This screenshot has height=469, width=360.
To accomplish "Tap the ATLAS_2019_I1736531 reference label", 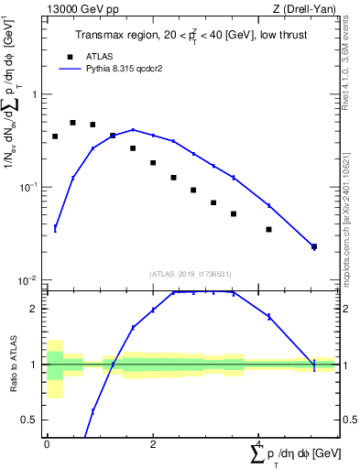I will click(x=190, y=274).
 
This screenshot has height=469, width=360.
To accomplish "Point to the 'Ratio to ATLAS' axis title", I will click(x=13, y=364).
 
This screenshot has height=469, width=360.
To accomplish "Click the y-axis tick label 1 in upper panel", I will click(x=34, y=94).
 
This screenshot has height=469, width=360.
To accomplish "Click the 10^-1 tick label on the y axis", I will click(x=29, y=187).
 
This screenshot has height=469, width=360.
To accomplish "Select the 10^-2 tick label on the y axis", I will click(x=29, y=279).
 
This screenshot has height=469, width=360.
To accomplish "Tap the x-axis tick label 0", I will click(x=47, y=444).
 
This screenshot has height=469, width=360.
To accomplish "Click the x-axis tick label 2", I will click(x=153, y=444).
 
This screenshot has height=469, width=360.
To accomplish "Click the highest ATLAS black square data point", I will click(x=72, y=122).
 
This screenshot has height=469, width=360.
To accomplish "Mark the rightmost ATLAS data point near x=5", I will click(x=314, y=246).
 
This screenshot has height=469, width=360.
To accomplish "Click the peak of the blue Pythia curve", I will click(x=133, y=130).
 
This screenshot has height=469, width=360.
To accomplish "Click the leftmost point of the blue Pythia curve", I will click(x=55, y=228).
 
